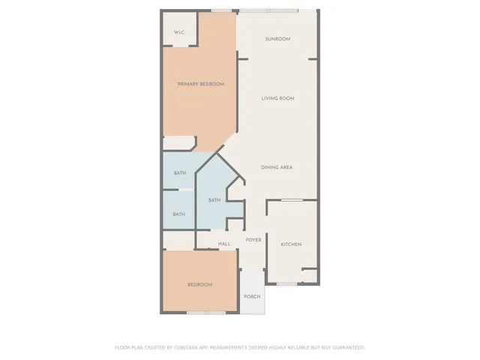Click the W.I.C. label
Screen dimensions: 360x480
tap(179, 32)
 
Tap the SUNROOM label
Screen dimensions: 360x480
tap(277, 39)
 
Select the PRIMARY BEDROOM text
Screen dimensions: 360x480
tap(200, 84)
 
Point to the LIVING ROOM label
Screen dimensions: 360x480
tap(277, 98)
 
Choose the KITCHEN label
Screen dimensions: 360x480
tap(291, 244)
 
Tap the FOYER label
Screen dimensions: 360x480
tap(253, 240)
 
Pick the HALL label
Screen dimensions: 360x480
tap(224, 244)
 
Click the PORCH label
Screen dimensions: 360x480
tap(252, 296)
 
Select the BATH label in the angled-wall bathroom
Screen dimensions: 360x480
tap(214, 200)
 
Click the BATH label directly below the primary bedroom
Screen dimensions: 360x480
tap(180, 173)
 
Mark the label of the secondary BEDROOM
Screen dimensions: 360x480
tap(199, 284)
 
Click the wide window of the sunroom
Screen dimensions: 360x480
tap(268, 10)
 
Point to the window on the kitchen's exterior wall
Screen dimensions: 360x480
tap(286, 283)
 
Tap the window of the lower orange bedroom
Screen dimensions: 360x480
tap(206, 312)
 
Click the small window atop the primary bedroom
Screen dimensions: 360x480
tap(220, 10)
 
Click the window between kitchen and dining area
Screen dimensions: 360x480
tap(292, 200)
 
